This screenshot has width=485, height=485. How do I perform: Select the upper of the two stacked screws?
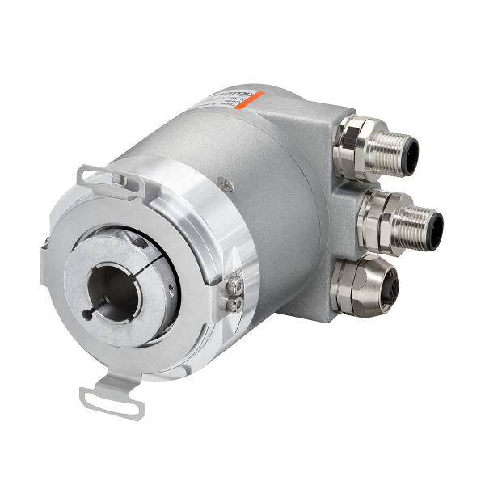(x=236, y=285)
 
